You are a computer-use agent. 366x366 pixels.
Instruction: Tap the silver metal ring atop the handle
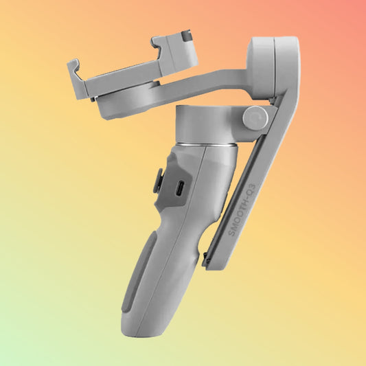click(x=207, y=146)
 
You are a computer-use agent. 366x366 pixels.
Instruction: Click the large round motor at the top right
click(x=273, y=67)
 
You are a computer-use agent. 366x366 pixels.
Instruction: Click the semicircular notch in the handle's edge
click(x=203, y=239)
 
